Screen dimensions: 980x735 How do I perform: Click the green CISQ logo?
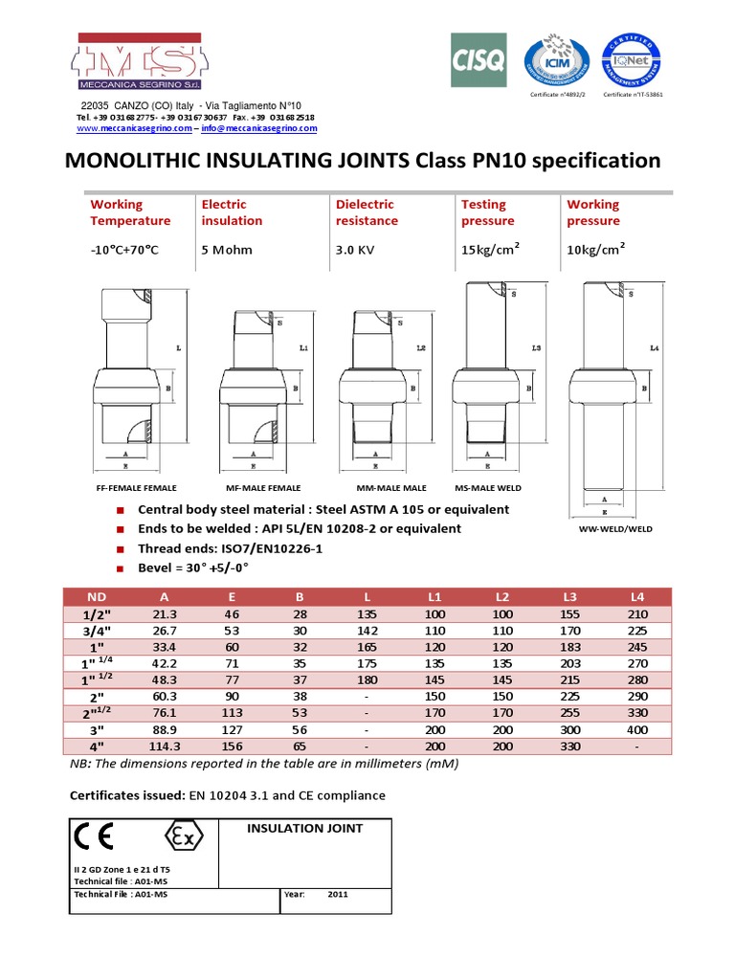tap(478, 59)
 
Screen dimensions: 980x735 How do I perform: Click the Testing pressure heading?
tap(483, 212)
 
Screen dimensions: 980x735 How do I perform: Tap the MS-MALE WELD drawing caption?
tap(491, 487)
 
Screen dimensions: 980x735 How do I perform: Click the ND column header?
tap(98, 596)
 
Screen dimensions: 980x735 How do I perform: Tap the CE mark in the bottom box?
tap(94, 837)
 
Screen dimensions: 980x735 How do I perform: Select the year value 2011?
tap(338, 895)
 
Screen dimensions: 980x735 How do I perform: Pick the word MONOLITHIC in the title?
tap(135, 161)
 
